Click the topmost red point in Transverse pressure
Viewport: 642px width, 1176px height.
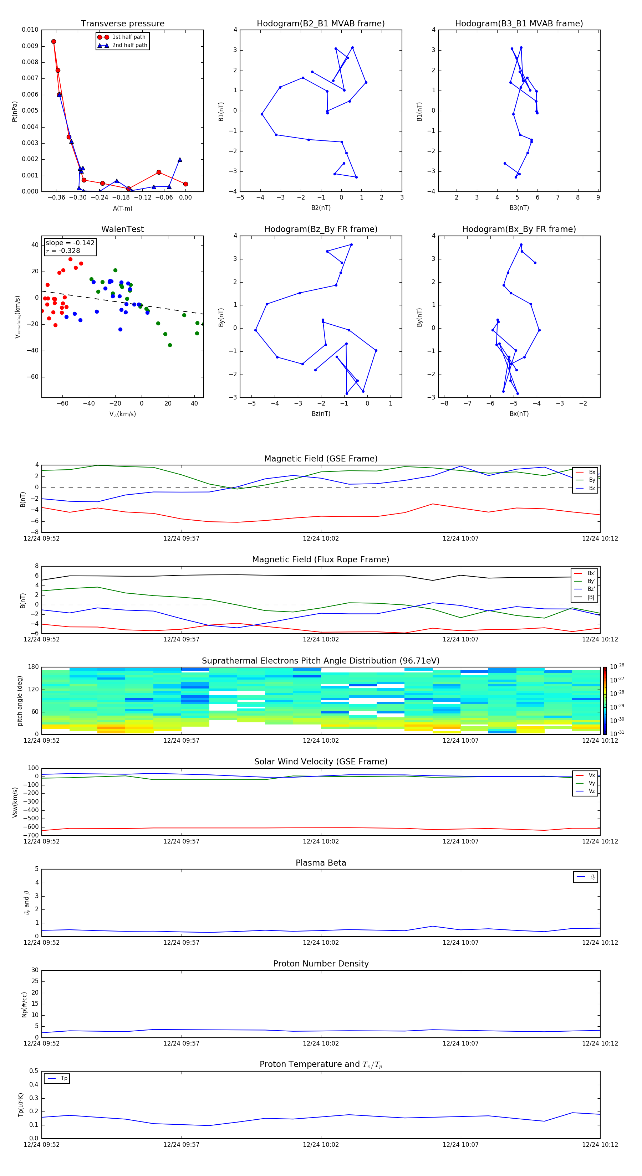coord(53,42)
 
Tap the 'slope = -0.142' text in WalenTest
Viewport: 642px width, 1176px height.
coord(70,243)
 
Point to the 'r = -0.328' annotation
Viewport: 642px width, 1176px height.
coord(63,251)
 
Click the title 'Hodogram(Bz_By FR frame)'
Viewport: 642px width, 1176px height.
coord(321,229)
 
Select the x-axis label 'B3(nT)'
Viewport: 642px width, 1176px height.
coord(519,208)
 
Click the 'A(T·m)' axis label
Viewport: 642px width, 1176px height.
coord(122,208)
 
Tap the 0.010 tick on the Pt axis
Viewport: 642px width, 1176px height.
coord(30,30)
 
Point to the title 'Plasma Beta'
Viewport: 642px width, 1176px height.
coord(321,863)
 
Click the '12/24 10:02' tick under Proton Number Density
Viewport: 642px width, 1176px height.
coord(321,1043)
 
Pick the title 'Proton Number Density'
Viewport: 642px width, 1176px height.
coord(321,964)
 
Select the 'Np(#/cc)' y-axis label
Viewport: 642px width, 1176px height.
coord(25,1004)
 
